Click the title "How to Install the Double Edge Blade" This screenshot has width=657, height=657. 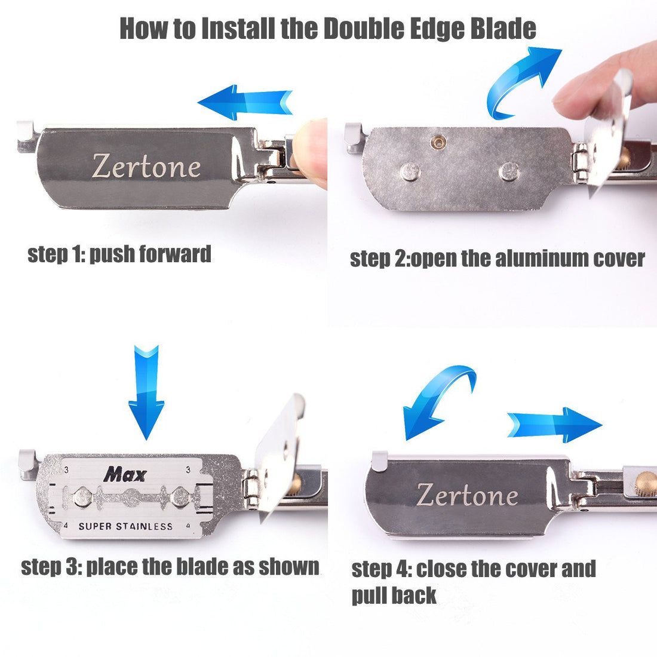tap(327, 28)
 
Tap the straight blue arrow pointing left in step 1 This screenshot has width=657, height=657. tap(245, 102)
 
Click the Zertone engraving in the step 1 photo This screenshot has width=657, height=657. tap(146, 167)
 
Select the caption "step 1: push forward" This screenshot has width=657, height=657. tap(119, 254)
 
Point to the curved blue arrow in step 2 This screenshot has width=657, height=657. tap(520, 78)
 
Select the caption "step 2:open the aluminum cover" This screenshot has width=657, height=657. tap(497, 259)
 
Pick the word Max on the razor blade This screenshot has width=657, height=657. tap(125, 475)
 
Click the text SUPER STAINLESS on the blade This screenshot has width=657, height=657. tap(125, 526)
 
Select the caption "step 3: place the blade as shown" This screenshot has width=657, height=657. tap(170, 566)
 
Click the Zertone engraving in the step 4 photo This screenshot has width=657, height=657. tap(466, 495)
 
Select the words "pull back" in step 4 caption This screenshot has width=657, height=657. tap(394, 595)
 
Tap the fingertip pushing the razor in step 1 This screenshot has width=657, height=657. tap(312, 152)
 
